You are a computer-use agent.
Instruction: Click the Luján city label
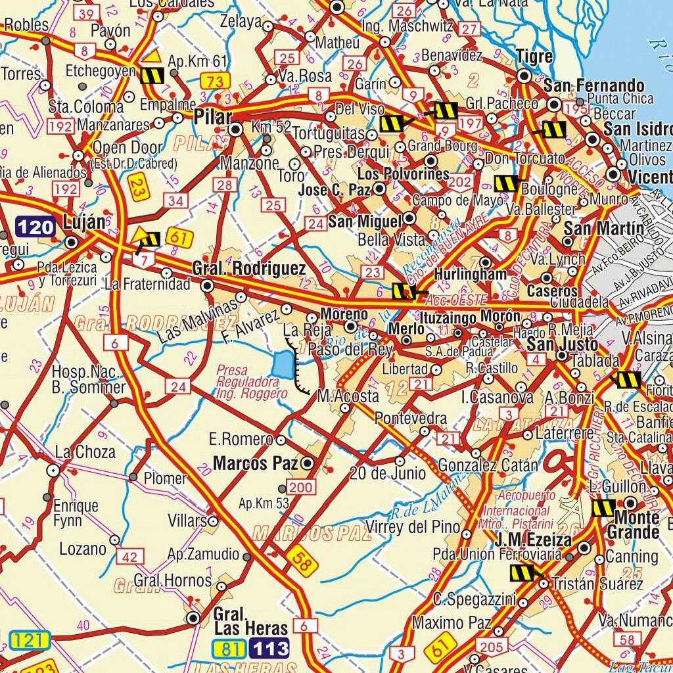[83, 221]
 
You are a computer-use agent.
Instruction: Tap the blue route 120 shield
[35, 227]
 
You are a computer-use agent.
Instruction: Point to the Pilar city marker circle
[235, 129]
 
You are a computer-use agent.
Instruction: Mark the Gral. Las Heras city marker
[193, 618]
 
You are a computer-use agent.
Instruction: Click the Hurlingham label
[471, 274]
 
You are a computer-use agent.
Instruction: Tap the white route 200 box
[301, 487]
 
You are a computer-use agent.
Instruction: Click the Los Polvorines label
[403, 174]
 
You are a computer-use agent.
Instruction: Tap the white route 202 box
[461, 182]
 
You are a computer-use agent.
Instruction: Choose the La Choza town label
[85, 452]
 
